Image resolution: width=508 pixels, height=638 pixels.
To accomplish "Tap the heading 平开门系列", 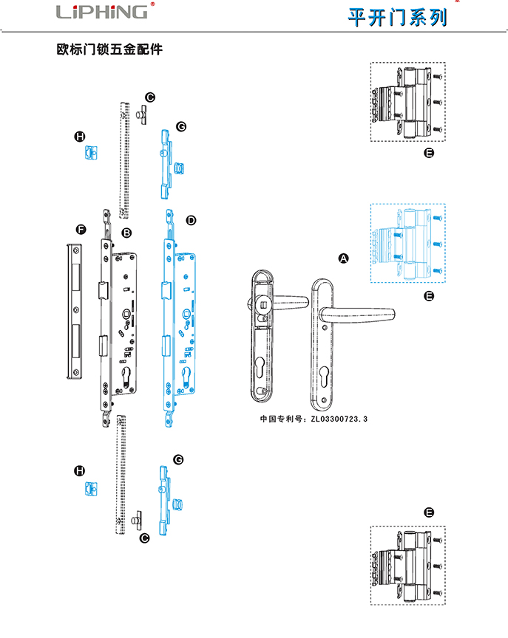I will point(398,16).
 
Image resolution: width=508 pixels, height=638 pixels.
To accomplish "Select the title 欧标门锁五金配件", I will point(109,50).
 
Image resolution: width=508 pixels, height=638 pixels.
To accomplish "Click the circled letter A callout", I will point(343,258).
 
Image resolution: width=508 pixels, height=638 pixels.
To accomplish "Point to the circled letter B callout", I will point(126,233).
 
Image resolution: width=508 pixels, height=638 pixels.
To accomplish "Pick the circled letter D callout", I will point(191,220).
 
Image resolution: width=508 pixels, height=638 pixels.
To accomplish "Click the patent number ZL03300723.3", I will point(339,419).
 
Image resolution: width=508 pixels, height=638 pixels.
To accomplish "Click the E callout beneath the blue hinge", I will point(429,295).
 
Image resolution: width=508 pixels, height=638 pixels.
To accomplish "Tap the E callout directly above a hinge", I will point(429,512).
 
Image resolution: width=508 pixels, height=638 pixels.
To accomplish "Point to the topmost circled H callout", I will point(80,137).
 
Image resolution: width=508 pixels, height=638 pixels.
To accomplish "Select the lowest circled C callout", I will point(145,538).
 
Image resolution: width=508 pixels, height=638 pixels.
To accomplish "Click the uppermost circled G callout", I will point(180,126).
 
